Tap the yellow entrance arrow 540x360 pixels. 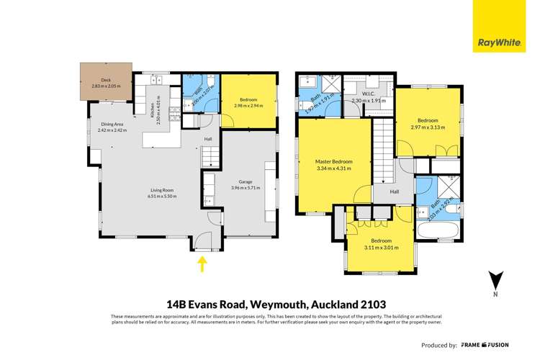click(202, 264)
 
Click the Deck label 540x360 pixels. click(106, 80)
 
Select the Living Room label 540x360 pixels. click(161, 190)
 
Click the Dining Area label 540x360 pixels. click(112, 124)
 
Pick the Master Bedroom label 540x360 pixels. click(333, 161)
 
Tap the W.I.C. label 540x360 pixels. click(369, 94)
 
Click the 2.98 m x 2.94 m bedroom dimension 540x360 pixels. click(248, 106)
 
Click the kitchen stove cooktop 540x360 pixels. click(174, 112)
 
